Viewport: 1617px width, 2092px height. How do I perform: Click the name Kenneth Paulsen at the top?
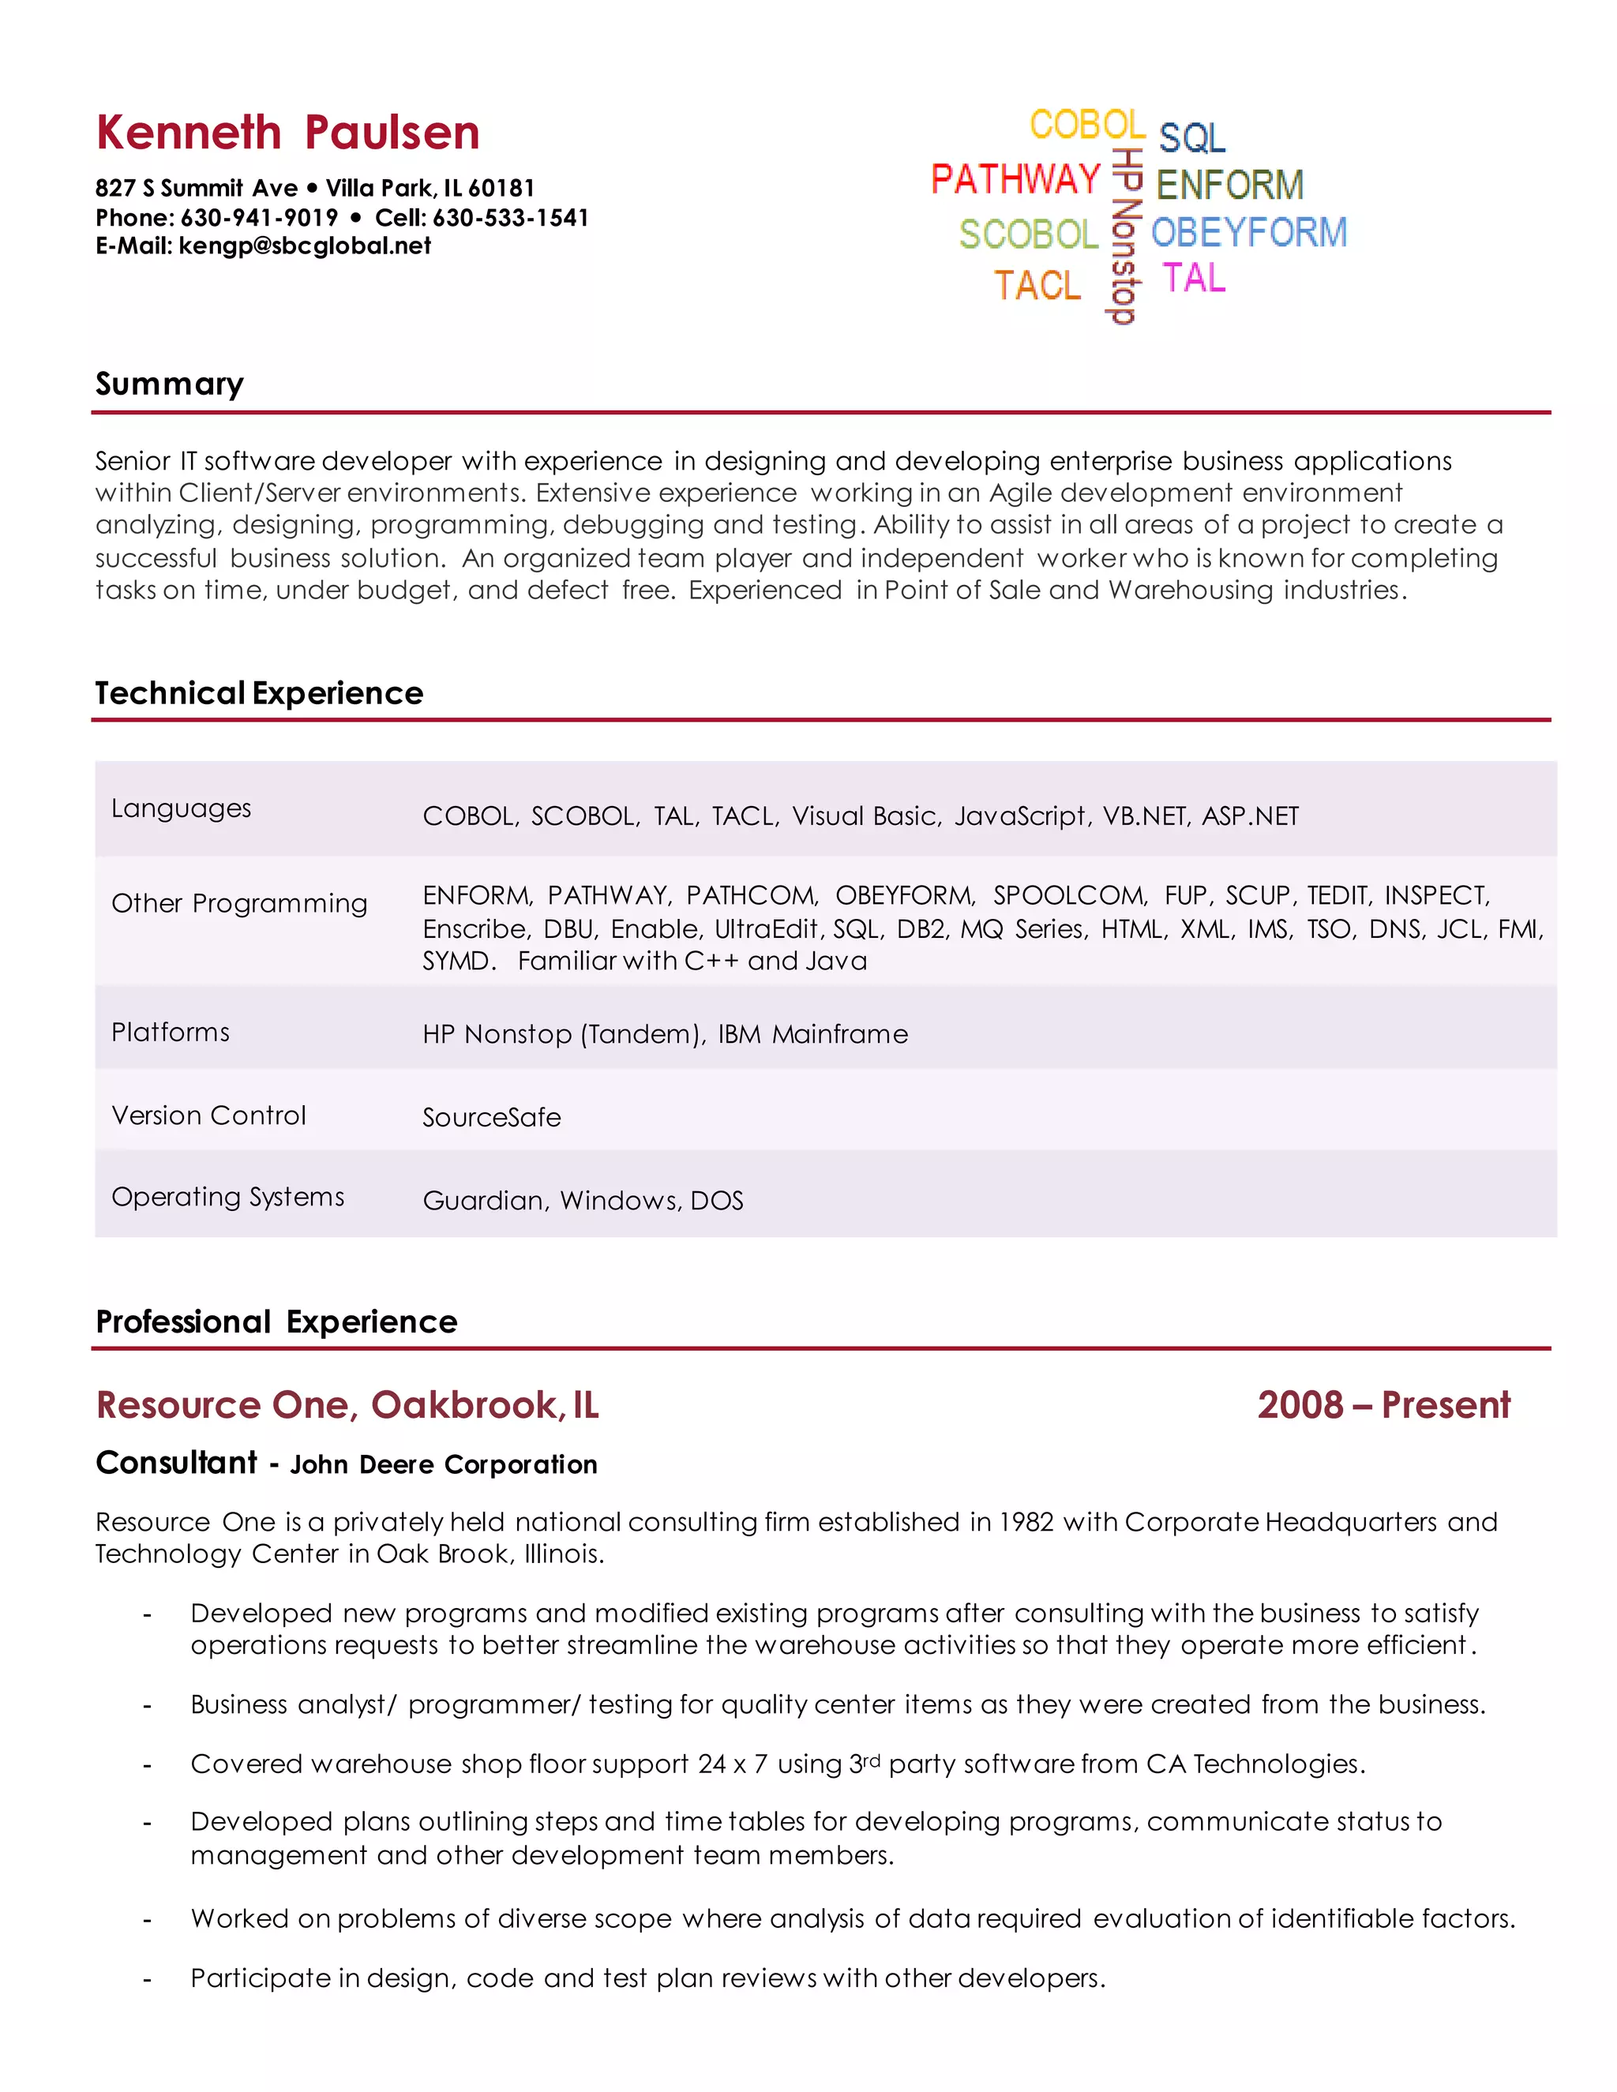(x=287, y=133)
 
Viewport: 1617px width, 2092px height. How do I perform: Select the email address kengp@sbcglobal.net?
(x=305, y=246)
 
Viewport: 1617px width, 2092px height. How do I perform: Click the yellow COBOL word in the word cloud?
(x=1086, y=126)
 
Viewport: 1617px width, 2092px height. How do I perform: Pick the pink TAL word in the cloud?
(x=1194, y=279)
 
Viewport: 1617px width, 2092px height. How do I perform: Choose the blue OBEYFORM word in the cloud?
(x=1248, y=233)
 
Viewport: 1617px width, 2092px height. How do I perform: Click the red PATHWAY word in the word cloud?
(x=1015, y=179)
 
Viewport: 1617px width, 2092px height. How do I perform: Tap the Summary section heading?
(x=170, y=384)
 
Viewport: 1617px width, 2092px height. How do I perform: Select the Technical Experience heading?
(x=259, y=693)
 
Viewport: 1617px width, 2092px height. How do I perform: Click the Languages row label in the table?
(x=181, y=808)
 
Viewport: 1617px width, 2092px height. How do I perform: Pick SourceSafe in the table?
(x=491, y=1118)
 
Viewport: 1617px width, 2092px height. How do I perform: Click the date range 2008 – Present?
(x=1383, y=1405)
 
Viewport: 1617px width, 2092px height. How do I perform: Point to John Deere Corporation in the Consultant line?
(x=444, y=1464)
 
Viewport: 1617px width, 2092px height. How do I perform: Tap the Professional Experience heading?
(x=276, y=1322)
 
